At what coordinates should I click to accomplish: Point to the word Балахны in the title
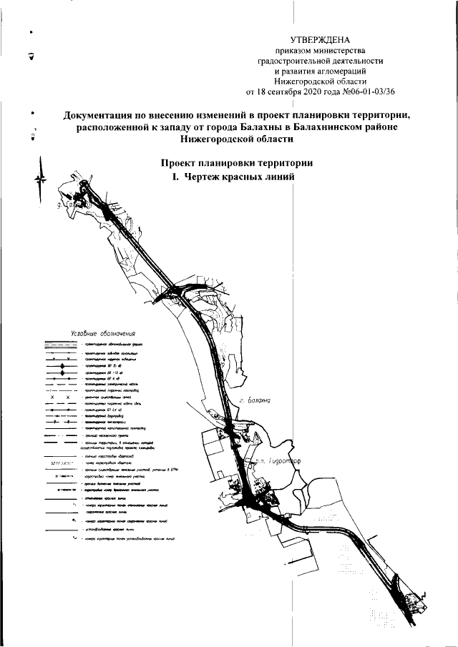tap(240, 127)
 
